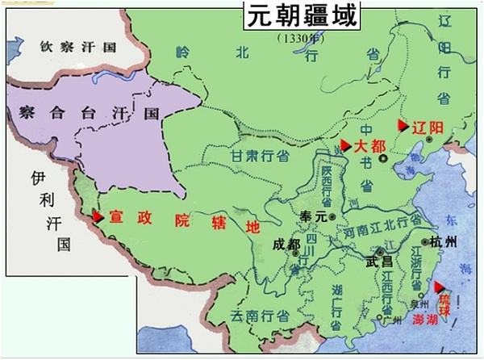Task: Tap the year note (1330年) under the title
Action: pyautogui.click(x=300, y=38)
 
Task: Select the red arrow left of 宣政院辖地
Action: pyautogui.click(x=98, y=216)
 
